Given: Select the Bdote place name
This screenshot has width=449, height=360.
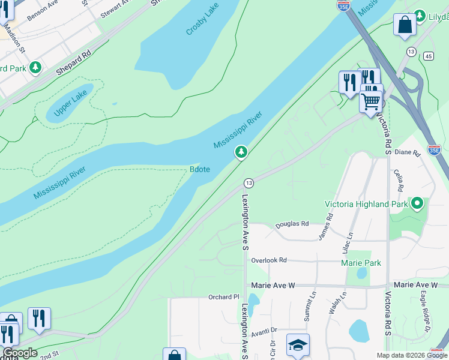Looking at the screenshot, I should [200, 169].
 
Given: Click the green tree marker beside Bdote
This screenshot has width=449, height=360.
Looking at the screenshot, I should [241, 152].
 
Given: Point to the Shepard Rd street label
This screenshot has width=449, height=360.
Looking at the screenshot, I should [73, 61].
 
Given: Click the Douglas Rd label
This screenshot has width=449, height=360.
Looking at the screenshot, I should [292, 224].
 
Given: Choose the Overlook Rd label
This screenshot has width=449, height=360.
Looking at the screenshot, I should [269, 260].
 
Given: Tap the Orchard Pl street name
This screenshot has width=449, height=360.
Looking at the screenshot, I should [223, 297].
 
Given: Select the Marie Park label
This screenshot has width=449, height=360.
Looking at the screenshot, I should [361, 263].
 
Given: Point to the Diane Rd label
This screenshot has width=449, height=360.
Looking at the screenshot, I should [408, 152].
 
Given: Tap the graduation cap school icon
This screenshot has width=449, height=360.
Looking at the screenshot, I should [298, 345].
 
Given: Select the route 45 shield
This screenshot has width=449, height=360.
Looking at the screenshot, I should [427, 56].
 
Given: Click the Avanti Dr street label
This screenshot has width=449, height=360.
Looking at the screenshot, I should [264, 330].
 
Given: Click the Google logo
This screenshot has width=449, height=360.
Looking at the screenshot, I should [20, 353].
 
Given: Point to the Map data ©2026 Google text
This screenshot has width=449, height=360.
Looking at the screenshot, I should [411, 355].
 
